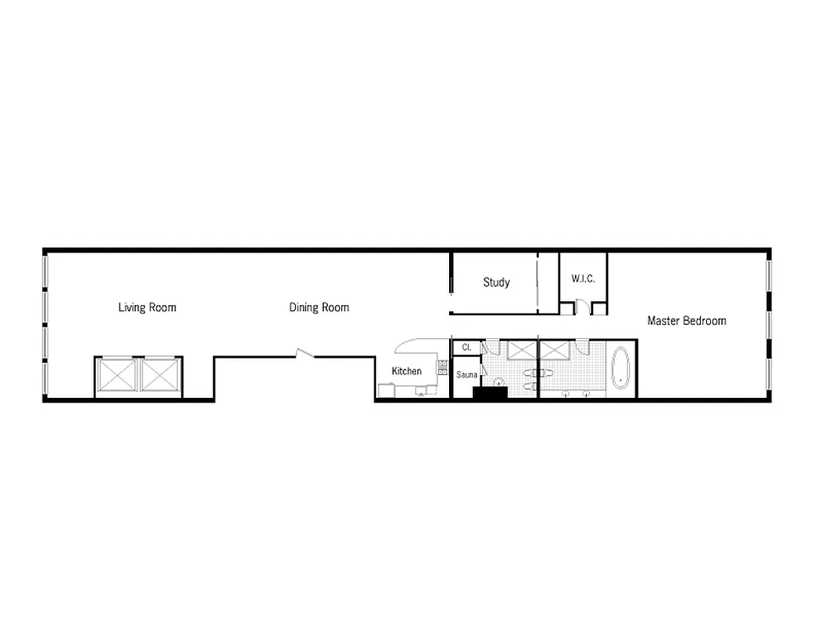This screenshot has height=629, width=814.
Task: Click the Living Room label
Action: point(147,307)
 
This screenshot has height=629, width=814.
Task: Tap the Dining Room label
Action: point(319,307)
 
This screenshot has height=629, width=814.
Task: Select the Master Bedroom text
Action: point(686,321)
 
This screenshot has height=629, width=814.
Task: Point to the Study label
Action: point(496,282)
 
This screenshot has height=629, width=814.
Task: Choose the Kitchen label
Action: point(407,371)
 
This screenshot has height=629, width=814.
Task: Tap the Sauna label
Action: point(466,375)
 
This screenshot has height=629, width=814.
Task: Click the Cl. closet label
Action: point(466,347)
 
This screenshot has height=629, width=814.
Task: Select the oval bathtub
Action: point(621,368)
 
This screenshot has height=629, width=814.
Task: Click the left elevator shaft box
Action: point(116,375)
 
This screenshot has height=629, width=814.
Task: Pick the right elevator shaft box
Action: point(160,375)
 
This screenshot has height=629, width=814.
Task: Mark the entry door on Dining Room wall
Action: point(304,355)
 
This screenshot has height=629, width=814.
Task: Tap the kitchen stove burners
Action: point(443,366)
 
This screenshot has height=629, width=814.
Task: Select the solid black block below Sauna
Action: point(488,392)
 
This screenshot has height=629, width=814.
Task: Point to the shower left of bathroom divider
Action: point(520,350)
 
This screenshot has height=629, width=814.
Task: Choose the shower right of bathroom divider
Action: point(556,350)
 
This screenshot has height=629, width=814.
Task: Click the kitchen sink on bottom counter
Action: point(422,391)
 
